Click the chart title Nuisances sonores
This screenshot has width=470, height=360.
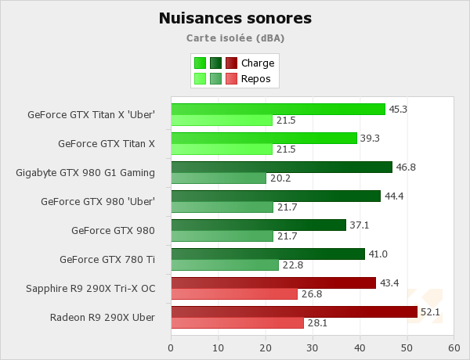[x=235, y=17]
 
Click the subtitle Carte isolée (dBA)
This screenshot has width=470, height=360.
[x=235, y=37]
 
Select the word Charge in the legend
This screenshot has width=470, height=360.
[x=258, y=63]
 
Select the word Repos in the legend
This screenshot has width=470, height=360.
[x=257, y=78]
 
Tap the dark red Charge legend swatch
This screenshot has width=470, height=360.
[x=231, y=63]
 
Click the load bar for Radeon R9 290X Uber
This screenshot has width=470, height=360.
[x=294, y=311]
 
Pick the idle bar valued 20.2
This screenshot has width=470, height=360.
[x=219, y=178]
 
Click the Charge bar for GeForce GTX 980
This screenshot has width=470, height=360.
[x=258, y=225]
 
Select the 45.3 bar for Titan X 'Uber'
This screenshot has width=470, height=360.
[x=278, y=109]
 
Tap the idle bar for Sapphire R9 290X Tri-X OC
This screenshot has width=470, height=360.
[x=234, y=294]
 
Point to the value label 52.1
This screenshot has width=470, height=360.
[x=431, y=311]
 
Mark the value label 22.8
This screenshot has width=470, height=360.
[x=292, y=265]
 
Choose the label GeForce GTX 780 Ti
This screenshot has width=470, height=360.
[x=107, y=259]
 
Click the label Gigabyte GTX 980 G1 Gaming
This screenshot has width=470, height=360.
[x=85, y=172]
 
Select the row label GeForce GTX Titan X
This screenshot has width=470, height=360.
[x=107, y=143]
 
